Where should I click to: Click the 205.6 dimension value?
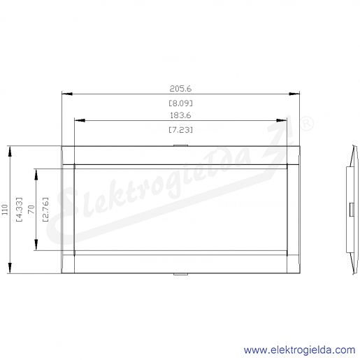[180, 89]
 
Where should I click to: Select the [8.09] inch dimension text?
[181, 103]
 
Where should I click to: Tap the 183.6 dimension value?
[180, 115]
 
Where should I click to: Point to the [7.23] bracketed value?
[181, 130]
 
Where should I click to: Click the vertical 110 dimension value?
[5, 210]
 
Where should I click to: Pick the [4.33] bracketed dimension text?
[19, 210]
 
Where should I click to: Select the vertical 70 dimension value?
[31, 210]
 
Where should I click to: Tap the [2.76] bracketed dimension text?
[45, 210]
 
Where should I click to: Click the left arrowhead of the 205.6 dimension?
[67, 94]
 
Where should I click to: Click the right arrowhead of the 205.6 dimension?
[294, 94]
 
